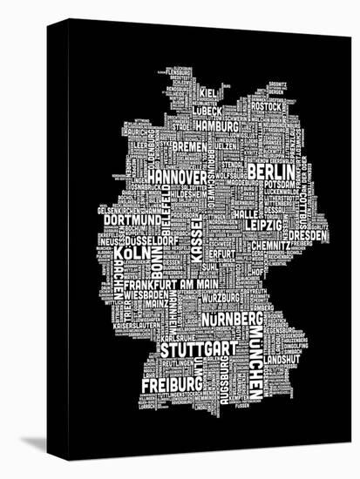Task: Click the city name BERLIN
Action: (x=271, y=172)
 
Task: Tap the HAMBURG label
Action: (x=216, y=126)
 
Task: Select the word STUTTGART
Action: (x=198, y=349)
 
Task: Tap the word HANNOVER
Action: (x=177, y=177)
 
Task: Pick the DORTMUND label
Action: (x=126, y=220)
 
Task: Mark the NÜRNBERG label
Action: (x=231, y=320)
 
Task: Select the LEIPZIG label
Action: (x=264, y=225)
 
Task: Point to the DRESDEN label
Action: (x=309, y=235)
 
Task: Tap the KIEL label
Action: (x=207, y=92)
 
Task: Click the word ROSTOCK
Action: (x=267, y=107)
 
